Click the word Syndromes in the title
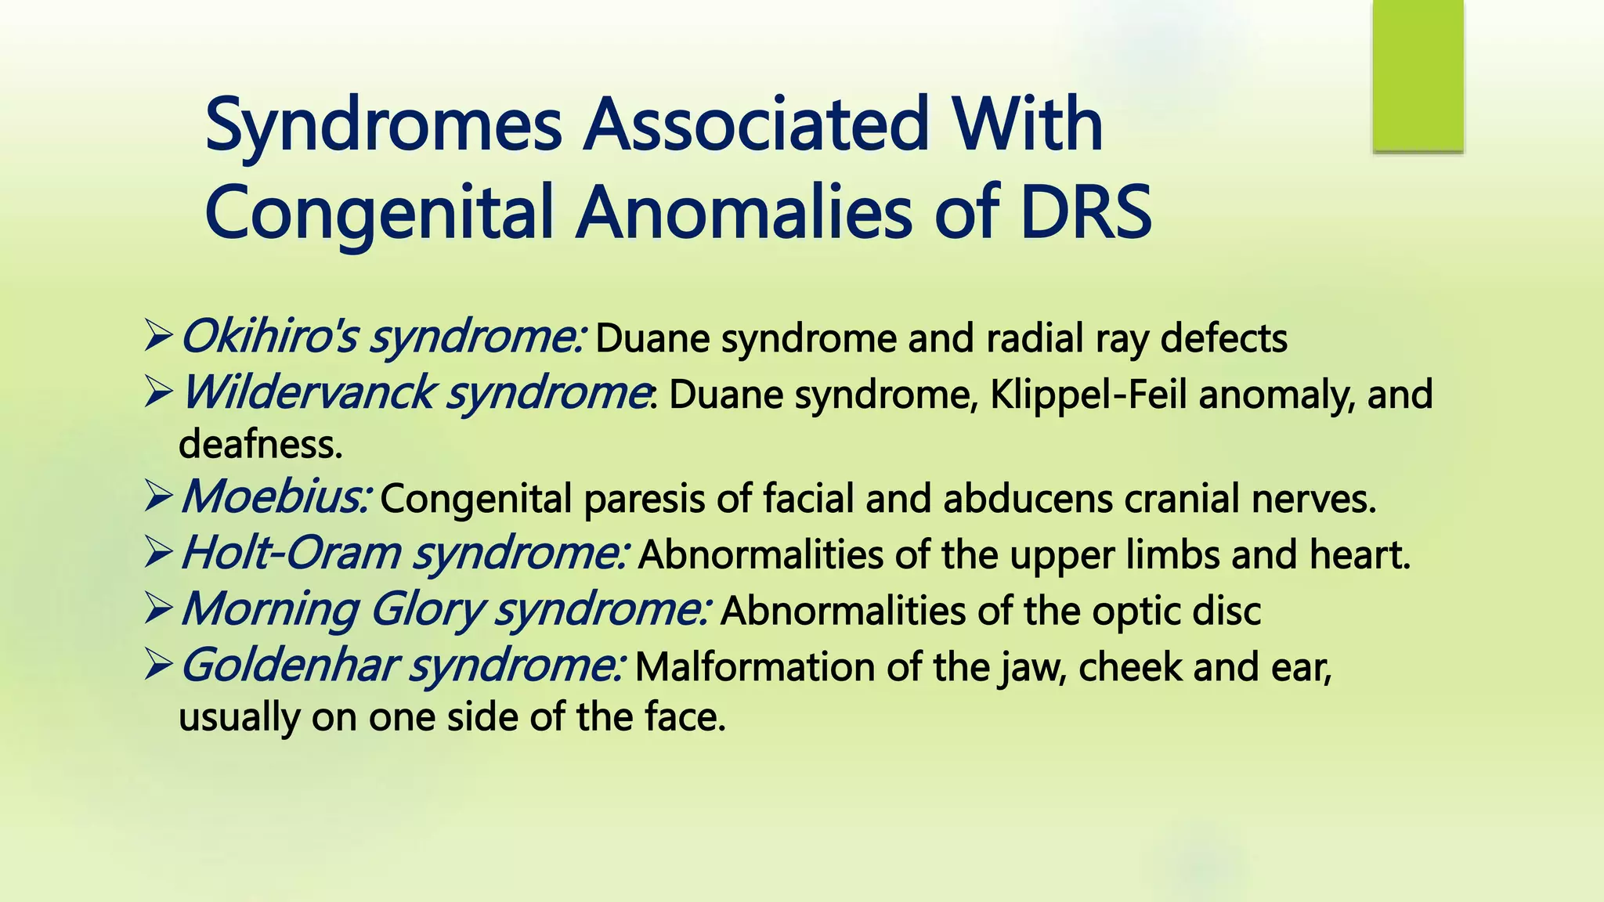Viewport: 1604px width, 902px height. click(x=383, y=125)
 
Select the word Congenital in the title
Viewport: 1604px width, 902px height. click(x=379, y=214)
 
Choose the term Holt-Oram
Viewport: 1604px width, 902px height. click(x=290, y=554)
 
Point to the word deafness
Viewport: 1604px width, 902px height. click(x=260, y=445)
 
